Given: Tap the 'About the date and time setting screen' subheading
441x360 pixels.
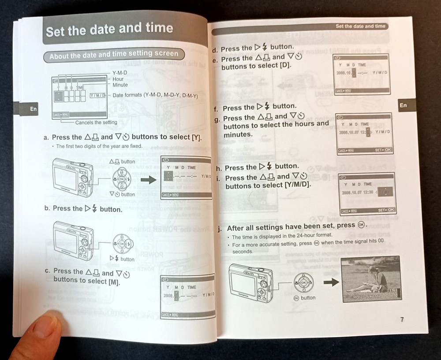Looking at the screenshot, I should click(x=114, y=55).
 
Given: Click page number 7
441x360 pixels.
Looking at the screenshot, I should click(x=402, y=320).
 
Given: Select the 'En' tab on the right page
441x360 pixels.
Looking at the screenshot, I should click(x=403, y=105).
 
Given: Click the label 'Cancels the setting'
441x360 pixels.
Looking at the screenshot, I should click(x=96, y=122).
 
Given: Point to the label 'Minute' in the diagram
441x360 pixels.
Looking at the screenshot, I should click(x=120, y=85).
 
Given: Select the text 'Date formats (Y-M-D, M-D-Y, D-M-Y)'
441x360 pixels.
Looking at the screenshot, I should click(x=155, y=96).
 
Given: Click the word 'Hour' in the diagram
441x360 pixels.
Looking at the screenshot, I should click(x=118, y=79).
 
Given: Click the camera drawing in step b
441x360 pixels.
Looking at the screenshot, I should click(x=74, y=241).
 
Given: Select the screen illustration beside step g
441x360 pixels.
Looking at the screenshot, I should click(x=364, y=134).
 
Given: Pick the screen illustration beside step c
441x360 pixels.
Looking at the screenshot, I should click(x=187, y=296).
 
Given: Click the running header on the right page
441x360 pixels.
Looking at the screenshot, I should click(x=360, y=26).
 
